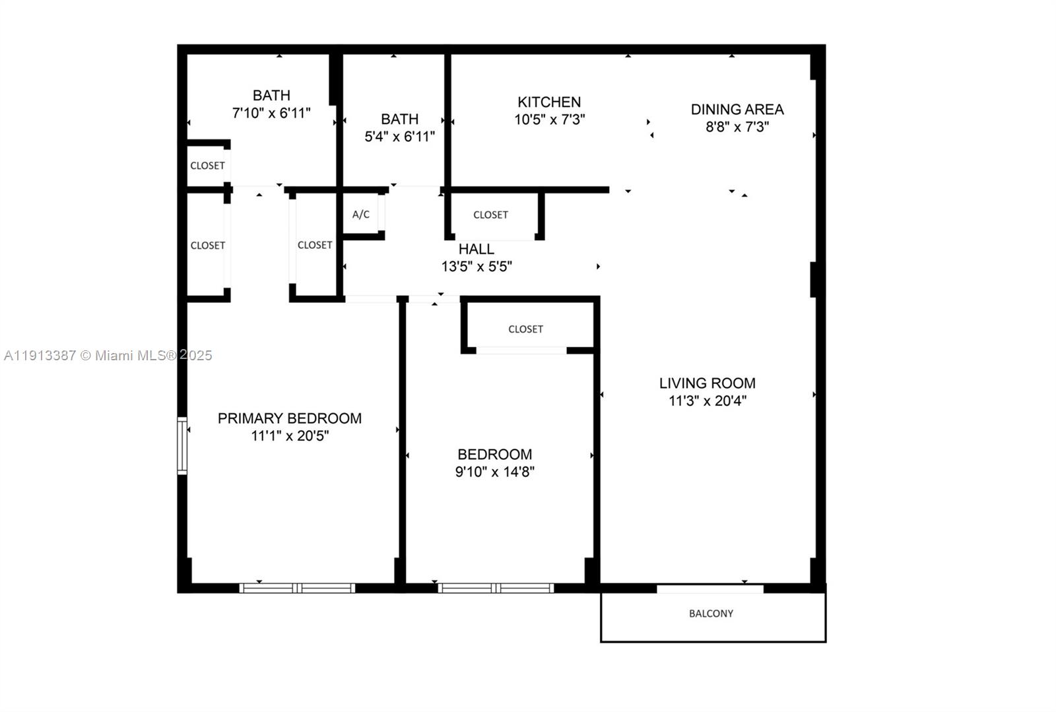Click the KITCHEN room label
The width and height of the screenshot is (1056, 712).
tap(549, 102)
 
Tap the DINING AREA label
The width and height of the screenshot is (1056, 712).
tap(737, 110)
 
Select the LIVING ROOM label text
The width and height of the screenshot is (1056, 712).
tap(707, 383)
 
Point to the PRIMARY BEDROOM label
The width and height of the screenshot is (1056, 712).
tap(289, 418)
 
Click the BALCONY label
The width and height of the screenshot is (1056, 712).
tap(711, 614)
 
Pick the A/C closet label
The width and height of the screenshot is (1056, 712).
tap(361, 214)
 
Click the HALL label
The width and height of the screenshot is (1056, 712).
tap(476, 249)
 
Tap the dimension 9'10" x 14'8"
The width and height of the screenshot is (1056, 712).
tap(494, 472)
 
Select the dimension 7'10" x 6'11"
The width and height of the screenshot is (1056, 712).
tap(271, 113)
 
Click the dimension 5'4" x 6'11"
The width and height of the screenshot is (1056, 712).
tap(399, 137)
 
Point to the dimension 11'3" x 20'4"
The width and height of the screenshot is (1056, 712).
tap(707, 401)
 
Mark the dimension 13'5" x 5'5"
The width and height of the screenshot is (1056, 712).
tap(476, 267)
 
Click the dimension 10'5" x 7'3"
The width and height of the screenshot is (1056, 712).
tap(549, 119)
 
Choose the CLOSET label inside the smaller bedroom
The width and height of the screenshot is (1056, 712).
tap(525, 329)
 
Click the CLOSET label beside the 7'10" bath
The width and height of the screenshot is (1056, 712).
tap(207, 166)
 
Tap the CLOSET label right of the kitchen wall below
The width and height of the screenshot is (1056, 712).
tap(490, 215)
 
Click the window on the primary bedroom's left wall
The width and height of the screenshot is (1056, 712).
tap(182, 445)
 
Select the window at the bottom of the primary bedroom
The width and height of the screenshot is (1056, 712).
tap(297, 588)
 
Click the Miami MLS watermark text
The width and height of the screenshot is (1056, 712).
tap(108, 356)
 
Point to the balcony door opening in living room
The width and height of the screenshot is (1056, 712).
tap(710, 589)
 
